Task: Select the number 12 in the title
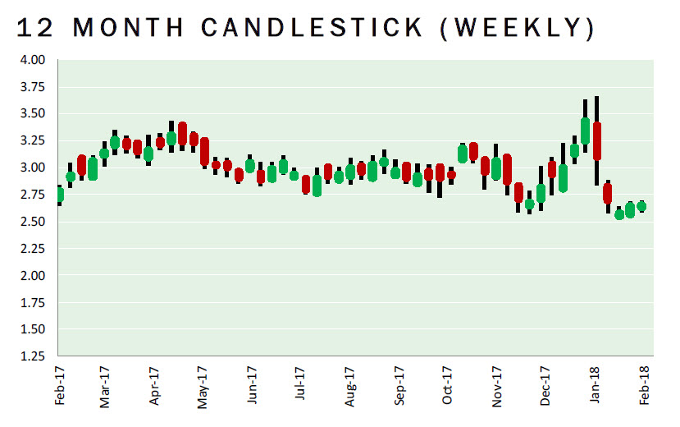36,27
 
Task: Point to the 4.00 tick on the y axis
34,60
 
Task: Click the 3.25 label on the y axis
34,140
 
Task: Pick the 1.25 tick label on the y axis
34,356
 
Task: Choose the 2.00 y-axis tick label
34,276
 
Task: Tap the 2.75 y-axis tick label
34,195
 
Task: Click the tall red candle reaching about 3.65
597,141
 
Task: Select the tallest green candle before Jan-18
585,131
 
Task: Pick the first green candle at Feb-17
60,195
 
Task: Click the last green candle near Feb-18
641,207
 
